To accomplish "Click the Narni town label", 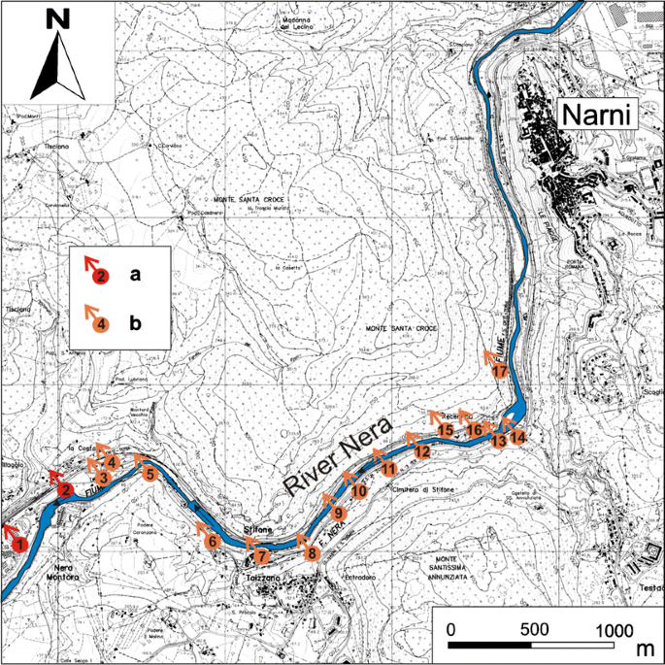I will click(595, 116).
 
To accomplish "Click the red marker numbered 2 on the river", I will click(65, 489).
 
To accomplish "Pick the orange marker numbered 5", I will click(150, 474).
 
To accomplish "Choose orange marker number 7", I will click(261, 556).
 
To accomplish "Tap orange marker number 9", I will click(338, 513).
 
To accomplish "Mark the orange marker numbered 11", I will click(388, 469).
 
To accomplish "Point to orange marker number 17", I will click(501, 371).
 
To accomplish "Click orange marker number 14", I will click(517, 438).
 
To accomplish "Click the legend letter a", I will click(136, 275).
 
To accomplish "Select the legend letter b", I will click(137, 322).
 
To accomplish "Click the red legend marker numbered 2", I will click(101, 277).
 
